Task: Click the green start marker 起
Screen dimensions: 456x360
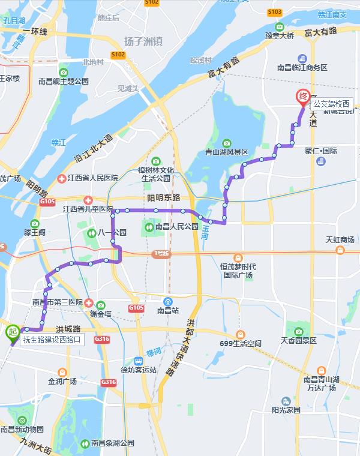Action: pos(12,332)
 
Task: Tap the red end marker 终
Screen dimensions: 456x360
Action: pos(303,97)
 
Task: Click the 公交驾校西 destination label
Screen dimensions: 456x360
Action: pos(330,104)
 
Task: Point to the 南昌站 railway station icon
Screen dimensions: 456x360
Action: pos(169,301)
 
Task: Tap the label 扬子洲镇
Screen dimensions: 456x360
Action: pos(144,41)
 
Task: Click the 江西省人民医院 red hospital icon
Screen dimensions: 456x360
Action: pos(61,178)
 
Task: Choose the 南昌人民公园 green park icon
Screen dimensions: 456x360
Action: pos(149,227)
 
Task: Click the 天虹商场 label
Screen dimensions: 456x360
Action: pos(340,240)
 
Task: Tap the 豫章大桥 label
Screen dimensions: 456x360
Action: pos(280,36)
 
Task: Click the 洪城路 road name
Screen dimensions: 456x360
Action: pos(68,329)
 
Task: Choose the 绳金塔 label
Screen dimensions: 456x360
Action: pos(101,313)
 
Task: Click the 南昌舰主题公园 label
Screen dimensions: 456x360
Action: pos(63,80)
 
